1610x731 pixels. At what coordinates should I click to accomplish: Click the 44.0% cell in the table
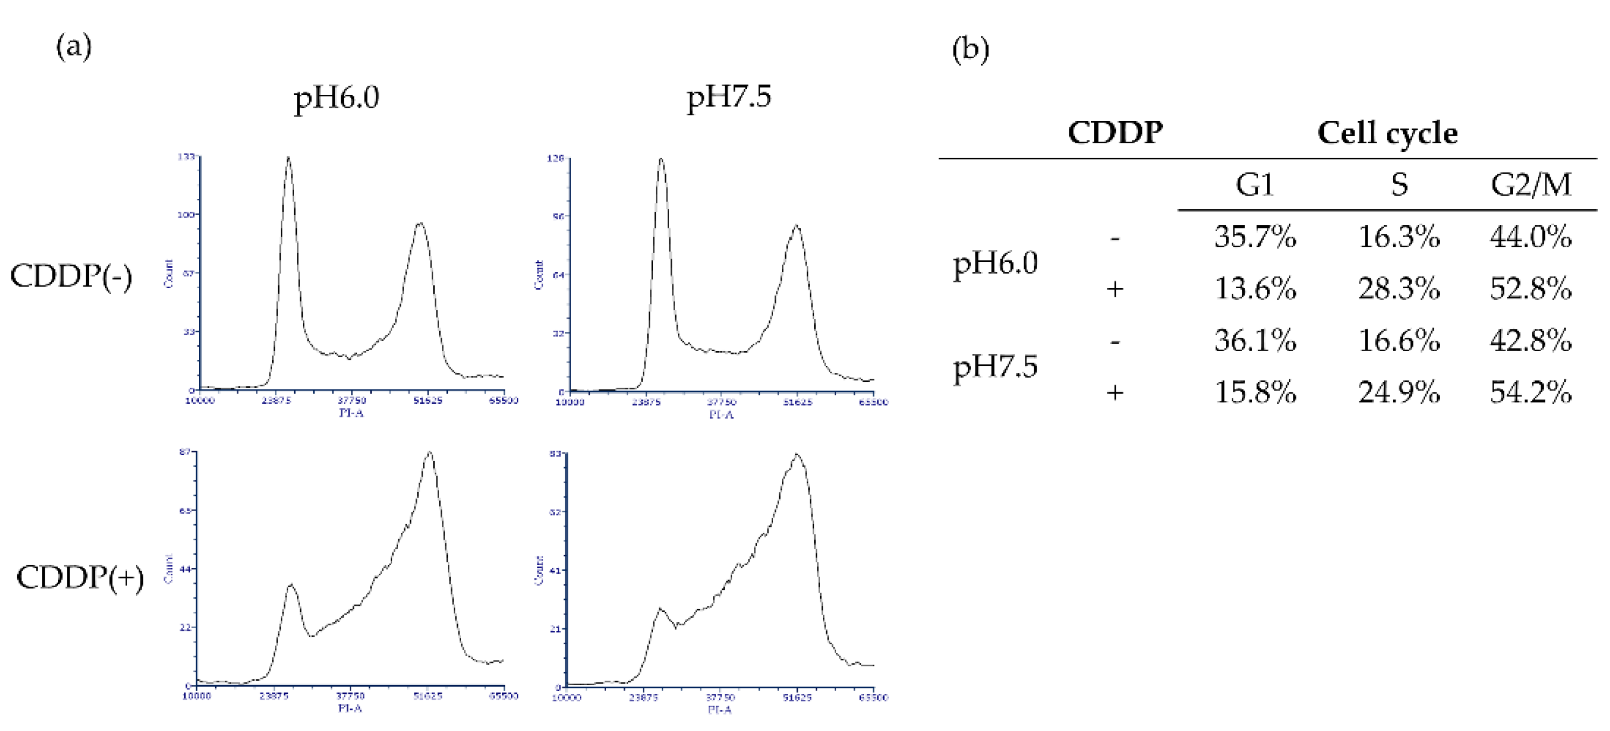(1530, 238)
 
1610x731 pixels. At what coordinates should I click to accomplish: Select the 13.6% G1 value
(1255, 289)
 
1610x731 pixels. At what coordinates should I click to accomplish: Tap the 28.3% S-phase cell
(1399, 289)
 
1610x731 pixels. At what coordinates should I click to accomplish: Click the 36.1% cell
(1255, 341)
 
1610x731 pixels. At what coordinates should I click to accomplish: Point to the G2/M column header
(1530, 185)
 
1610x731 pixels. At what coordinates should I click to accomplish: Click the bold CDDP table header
(1114, 133)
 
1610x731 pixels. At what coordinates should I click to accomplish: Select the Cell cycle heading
(1387, 133)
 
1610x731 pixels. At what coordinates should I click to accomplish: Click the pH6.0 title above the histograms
(336, 98)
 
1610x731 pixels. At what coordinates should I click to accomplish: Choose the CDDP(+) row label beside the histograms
(80, 578)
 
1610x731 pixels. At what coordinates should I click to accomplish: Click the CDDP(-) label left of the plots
(71, 277)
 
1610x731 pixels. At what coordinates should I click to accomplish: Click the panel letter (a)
(74, 47)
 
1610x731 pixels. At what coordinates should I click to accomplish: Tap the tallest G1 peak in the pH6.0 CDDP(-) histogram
(288, 159)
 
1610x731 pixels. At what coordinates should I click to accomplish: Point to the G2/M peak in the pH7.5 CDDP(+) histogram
(796, 456)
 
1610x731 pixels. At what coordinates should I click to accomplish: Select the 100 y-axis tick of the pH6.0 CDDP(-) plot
(186, 214)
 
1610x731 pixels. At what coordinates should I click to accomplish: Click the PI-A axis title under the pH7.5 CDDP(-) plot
(720, 414)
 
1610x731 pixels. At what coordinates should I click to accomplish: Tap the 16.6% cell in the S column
(1399, 341)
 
